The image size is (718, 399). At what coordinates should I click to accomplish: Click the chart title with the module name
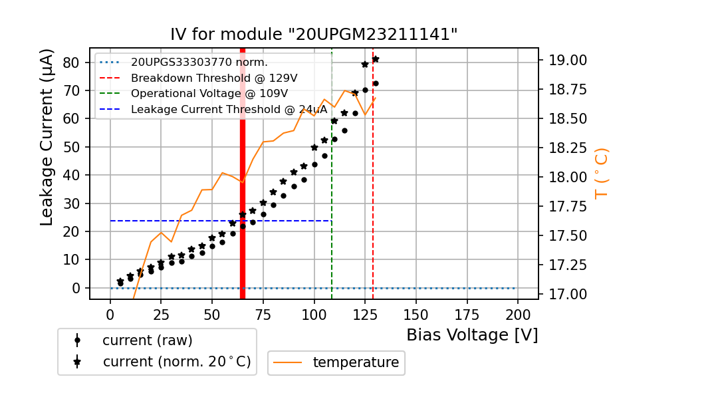(314, 35)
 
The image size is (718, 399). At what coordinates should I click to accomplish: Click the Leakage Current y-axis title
(47, 137)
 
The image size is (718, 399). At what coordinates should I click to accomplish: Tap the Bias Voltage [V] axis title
(472, 334)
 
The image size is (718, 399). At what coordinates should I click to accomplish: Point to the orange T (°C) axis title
(601, 174)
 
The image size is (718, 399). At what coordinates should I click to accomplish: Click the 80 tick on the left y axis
(70, 63)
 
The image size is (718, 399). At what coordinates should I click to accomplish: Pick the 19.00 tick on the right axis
(567, 61)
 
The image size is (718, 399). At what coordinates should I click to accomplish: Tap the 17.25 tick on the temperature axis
(567, 265)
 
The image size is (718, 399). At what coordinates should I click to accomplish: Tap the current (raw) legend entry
(147, 340)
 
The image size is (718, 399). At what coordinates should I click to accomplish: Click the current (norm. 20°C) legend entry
(176, 362)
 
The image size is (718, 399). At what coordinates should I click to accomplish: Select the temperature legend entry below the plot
(355, 362)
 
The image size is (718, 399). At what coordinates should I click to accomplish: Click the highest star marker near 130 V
(376, 59)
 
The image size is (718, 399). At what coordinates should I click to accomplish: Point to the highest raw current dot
(376, 83)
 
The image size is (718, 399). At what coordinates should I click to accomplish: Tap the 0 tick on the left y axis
(75, 288)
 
